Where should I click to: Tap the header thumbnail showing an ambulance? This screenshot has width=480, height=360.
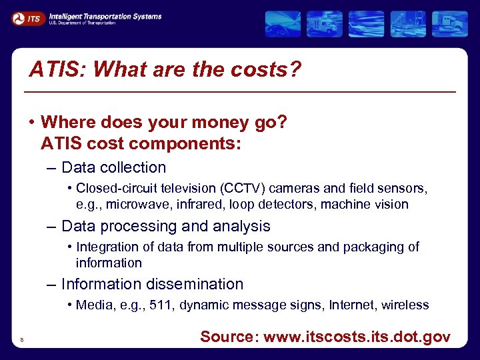325,24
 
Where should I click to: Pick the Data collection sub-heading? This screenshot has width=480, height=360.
113,167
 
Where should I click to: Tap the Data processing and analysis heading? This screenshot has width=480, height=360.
165,226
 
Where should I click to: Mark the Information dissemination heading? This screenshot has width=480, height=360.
152,284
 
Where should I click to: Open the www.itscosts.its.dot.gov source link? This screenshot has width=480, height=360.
357,337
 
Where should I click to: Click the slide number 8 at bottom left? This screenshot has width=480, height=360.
22,340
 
